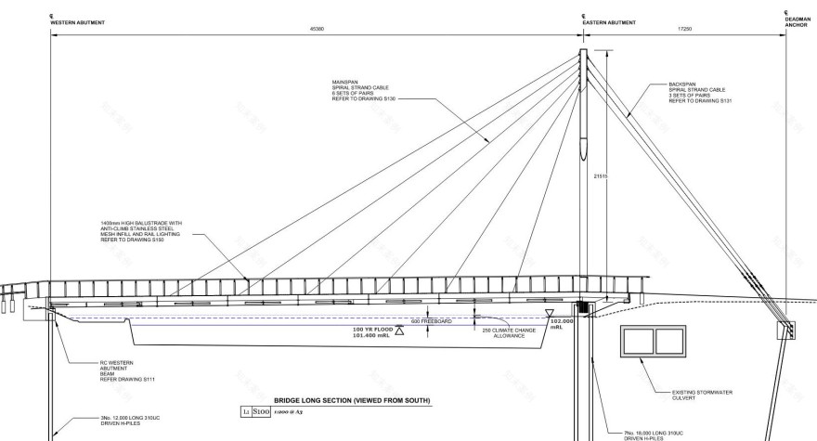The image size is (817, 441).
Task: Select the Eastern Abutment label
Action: tap(609, 21)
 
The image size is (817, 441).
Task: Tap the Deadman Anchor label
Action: tap(798, 22)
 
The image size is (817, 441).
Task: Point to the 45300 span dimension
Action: tap(318, 30)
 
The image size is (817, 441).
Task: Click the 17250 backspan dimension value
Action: tap(685, 30)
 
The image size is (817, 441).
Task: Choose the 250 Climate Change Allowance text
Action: tap(510, 332)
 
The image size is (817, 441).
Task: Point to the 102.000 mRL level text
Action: tap(562, 325)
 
